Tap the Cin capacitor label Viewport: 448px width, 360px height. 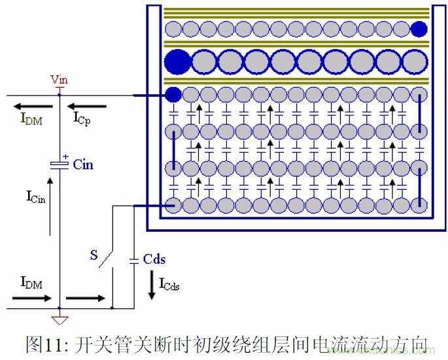(x=83, y=164)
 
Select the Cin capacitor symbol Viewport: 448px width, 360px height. (x=60, y=164)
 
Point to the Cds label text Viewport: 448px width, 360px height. (x=154, y=259)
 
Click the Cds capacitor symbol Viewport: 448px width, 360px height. (x=134, y=260)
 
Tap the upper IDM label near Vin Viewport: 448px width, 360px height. (x=30, y=119)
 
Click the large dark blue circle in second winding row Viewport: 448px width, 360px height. (x=177, y=62)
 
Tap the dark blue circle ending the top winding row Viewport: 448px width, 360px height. (x=419, y=28)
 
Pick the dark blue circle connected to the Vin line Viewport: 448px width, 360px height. (x=173, y=95)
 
